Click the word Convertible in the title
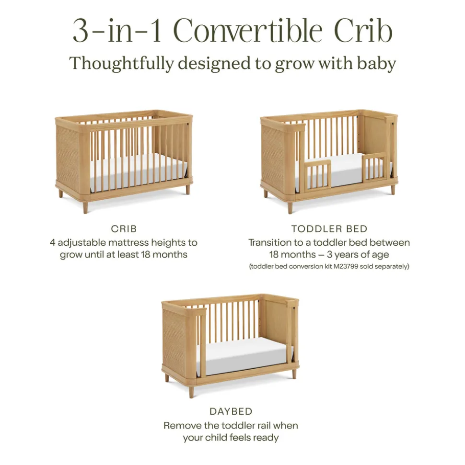tap(248, 31)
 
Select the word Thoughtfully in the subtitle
tap(121, 64)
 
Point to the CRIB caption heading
tap(124, 228)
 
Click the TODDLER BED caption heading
tap(329, 228)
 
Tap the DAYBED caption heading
tap(231, 411)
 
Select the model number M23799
tap(346, 266)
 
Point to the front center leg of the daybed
tap(192, 391)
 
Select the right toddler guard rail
tap(375, 168)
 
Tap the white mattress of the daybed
tap(244, 355)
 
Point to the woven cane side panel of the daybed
tap(174, 340)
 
